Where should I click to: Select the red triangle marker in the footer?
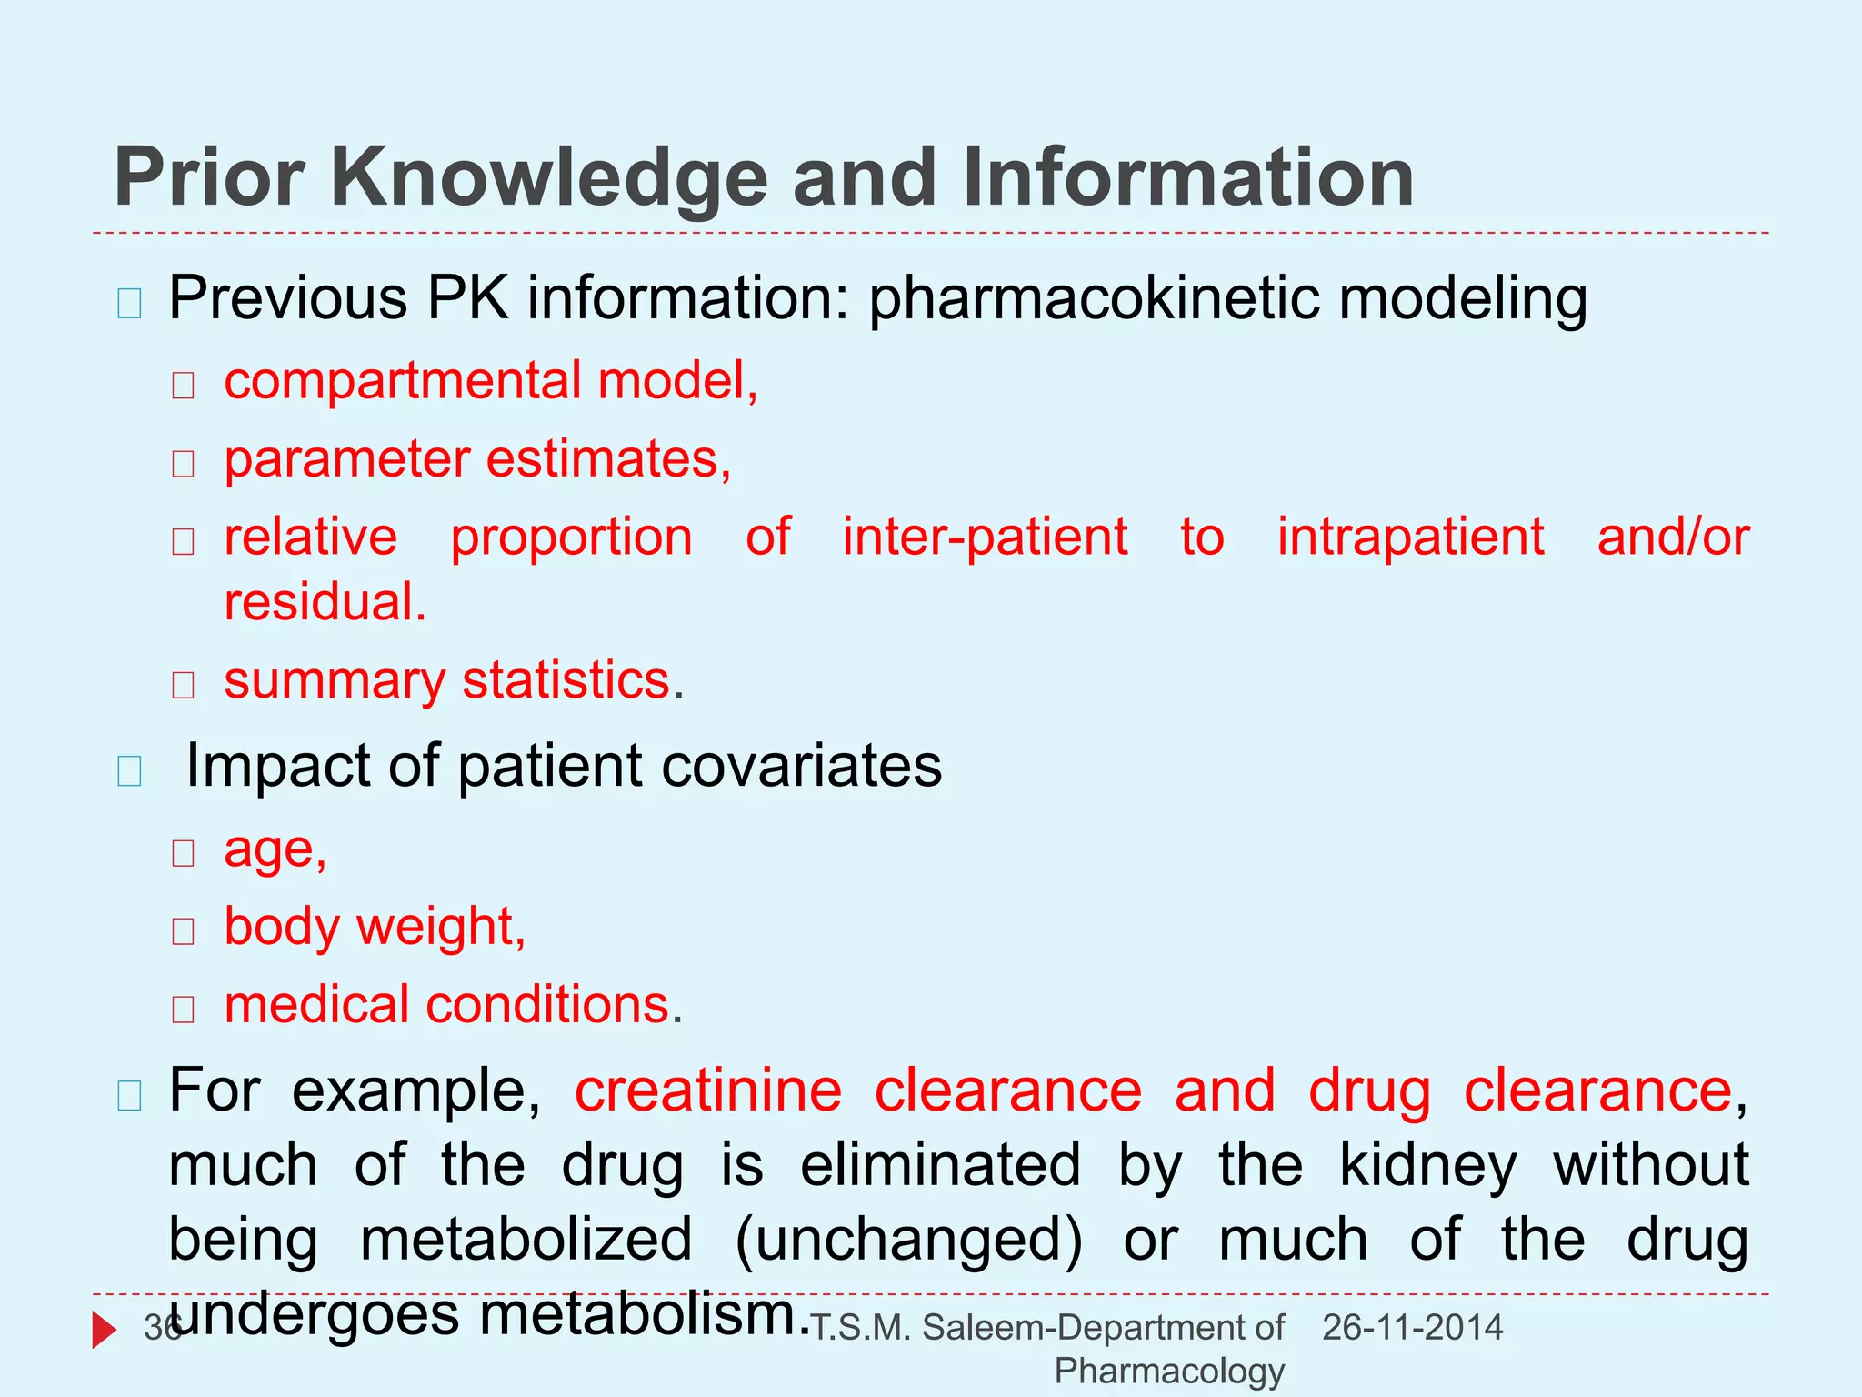[x=104, y=1330]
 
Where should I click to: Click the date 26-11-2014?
[x=1412, y=1328]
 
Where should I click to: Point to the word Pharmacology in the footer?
[x=1169, y=1371]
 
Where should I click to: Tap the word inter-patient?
[x=985, y=537]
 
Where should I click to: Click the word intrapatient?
[x=1410, y=537]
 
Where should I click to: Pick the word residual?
[x=325, y=602]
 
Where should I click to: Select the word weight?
[x=440, y=927]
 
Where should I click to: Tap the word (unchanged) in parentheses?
[x=908, y=1241]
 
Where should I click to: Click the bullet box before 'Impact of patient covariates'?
[x=130, y=771]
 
